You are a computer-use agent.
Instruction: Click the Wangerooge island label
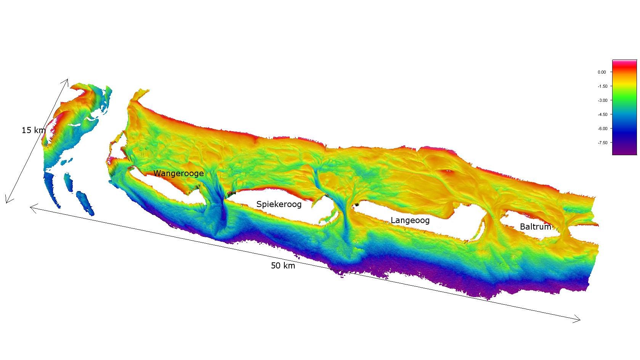tap(178, 173)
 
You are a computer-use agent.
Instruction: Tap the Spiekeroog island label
tap(279, 204)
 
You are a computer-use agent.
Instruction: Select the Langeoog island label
tap(410, 220)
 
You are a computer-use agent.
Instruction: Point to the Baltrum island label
tap(535, 227)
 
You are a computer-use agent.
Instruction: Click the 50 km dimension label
tap(283, 266)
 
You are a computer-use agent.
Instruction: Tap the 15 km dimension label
tap(34, 130)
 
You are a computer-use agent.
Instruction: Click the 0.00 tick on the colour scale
tap(602, 72)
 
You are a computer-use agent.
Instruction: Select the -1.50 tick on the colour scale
tap(602, 86)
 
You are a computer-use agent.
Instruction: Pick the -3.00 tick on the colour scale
tap(602, 100)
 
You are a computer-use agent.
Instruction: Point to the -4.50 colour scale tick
tap(602, 114)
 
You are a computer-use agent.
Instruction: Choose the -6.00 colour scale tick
tap(602, 129)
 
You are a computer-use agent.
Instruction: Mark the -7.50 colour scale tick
tap(602, 143)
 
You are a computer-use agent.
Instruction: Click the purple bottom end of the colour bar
tap(624, 152)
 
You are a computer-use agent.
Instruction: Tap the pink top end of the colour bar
tap(624, 61)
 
